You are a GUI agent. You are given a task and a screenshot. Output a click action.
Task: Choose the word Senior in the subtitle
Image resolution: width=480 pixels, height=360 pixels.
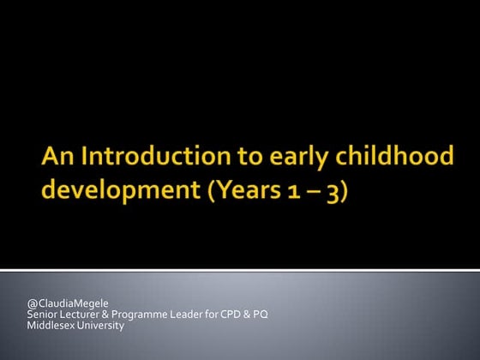(x=42, y=315)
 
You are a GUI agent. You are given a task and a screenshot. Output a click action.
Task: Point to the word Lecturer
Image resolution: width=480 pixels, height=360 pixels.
(x=80, y=315)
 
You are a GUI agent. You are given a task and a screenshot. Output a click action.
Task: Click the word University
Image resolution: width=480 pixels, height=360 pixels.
(x=99, y=325)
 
